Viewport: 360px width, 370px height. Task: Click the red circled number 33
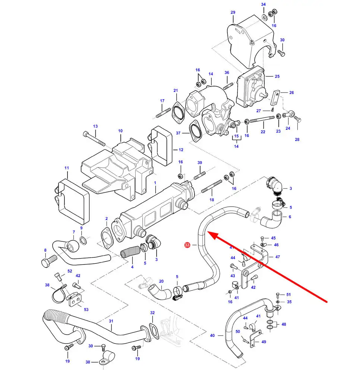tap(187, 245)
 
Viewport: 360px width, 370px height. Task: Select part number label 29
tap(233, 12)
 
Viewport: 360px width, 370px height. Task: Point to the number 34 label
tap(263, 4)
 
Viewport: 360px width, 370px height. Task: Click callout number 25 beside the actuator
tap(277, 76)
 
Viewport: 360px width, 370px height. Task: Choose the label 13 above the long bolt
tap(95, 126)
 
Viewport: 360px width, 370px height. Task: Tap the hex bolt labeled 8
tap(49, 261)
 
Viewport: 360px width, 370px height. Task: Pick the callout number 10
tap(120, 131)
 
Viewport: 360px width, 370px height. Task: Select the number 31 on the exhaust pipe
tap(111, 321)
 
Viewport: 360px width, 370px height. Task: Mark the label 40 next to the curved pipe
tap(212, 335)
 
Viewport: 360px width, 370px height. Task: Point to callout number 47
tap(278, 257)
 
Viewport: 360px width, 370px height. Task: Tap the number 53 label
tap(86, 310)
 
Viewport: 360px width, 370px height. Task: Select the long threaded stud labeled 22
tap(262, 120)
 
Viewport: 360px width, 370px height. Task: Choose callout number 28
tap(297, 139)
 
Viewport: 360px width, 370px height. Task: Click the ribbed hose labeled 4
tap(130, 251)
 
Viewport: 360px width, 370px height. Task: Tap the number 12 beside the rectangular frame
tap(181, 150)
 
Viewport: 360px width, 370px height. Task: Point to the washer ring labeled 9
tap(83, 240)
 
